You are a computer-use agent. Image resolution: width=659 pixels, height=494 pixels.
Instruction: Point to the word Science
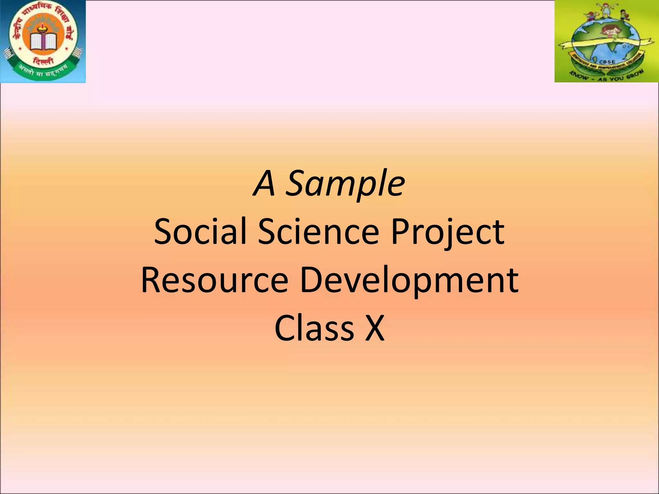point(319,231)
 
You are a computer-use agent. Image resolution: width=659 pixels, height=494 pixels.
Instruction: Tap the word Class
point(314,328)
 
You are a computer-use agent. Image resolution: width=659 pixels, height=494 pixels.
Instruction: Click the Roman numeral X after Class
point(375,328)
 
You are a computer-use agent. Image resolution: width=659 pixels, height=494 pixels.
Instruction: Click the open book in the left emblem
point(43,42)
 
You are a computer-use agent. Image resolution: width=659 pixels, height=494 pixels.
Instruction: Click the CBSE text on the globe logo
point(607,62)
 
